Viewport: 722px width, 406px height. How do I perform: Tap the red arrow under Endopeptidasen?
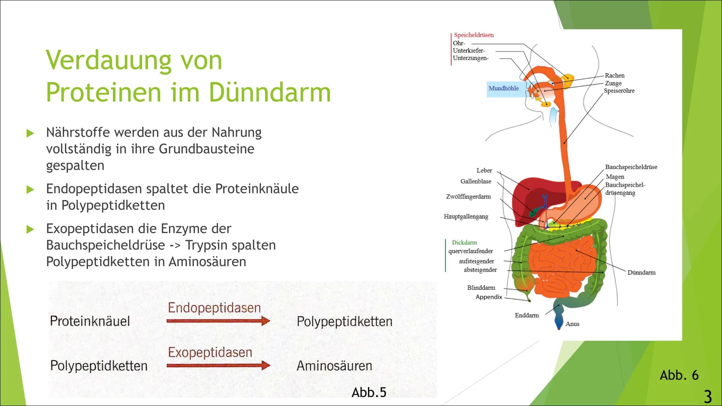pos(218,321)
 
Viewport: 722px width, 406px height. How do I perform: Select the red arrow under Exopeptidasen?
pos(218,365)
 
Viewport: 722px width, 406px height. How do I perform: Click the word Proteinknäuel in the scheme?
pos(90,321)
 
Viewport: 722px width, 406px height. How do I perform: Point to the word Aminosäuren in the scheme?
pos(334,365)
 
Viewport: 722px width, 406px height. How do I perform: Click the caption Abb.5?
pos(369,392)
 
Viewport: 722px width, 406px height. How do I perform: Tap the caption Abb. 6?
pos(679,375)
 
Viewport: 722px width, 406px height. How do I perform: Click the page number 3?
pos(708,397)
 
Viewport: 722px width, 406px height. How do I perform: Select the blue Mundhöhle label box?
pos(504,89)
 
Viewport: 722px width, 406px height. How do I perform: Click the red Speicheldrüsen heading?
pos(474,35)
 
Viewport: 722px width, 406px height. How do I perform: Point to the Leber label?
pos(484,170)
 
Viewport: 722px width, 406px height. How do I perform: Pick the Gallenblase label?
pos(476,181)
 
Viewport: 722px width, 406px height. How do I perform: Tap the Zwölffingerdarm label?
pos(468,197)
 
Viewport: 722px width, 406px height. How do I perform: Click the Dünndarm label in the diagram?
pos(641,272)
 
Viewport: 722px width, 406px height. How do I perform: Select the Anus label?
pos(572,324)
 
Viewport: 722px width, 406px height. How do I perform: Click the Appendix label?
pos(489,297)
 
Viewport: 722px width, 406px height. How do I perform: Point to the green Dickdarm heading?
pos(464,242)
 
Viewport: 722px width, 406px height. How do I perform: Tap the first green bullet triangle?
pos(30,133)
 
